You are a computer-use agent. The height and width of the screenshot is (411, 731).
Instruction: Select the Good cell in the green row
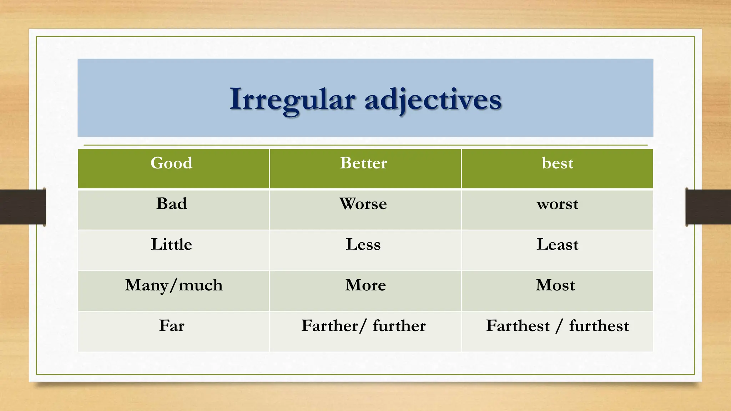click(x=171, y=163)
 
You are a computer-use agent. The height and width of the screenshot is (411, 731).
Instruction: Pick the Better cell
click(x=363, y=163)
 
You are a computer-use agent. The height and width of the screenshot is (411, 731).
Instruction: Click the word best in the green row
click(x=557, y=163)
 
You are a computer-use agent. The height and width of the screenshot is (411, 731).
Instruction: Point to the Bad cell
click(x=171, y=204)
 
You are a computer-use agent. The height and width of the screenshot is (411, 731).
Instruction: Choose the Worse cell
click(x=363, y=204)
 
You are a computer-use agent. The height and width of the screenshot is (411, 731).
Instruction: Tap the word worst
click(x=557, y=204)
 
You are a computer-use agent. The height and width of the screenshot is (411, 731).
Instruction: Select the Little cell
click(x=171, y=244)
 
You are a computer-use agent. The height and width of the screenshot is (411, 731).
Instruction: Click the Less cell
click(x=363, y=244)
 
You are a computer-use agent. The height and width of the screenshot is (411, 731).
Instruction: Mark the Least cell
click(x=557, y=244)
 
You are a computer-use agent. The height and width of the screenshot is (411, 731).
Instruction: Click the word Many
click(x=146, y=285)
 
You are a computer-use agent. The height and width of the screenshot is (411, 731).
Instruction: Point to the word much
click(x=201, y=285)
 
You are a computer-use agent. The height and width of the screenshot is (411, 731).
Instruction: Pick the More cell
click(x=365, y=285)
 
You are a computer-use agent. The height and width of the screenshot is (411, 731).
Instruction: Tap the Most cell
click(x=555, y=285)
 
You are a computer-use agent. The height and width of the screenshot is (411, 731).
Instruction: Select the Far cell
click(x=171, y=326)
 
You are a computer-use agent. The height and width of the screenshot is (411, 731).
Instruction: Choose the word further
click(x=399, y=326)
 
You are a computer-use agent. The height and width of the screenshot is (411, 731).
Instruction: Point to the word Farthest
click(x=518, y=326)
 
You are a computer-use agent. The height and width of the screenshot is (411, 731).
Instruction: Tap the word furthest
click(x=599, y=326)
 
